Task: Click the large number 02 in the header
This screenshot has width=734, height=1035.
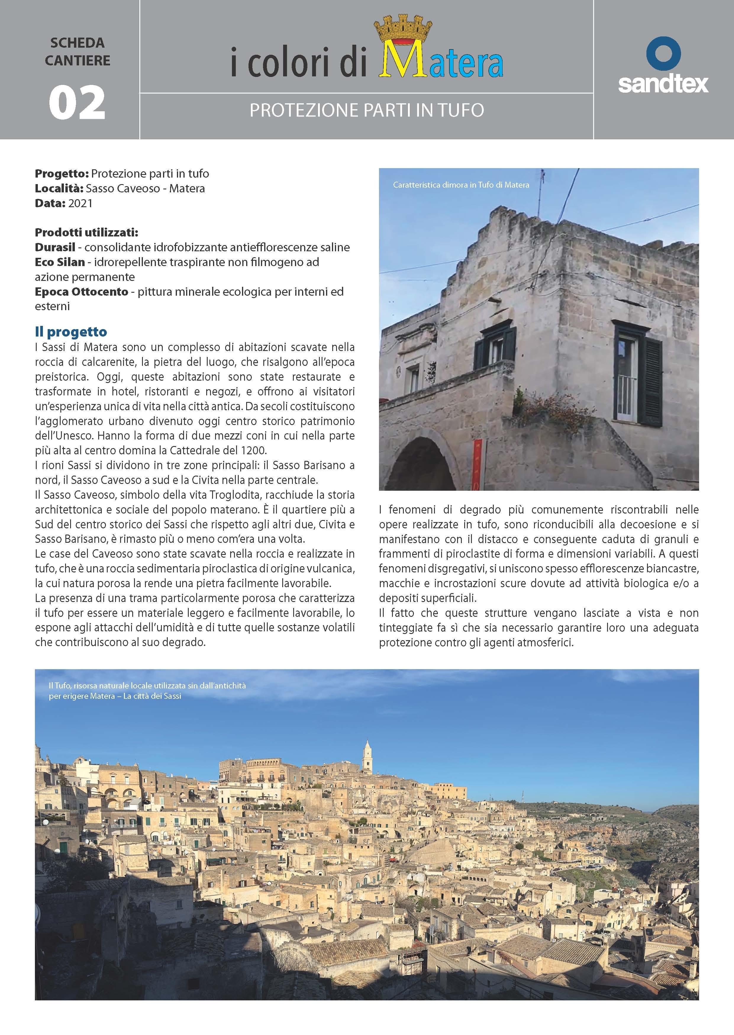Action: click(77, 103)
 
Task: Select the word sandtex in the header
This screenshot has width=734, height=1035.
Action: click(663, 84)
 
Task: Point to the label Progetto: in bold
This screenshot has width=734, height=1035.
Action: click(62, 174)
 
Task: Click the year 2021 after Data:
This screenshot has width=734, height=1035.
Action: click(80, 203)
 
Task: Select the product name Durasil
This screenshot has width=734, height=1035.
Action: click(55, 247)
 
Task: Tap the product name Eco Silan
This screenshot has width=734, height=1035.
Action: click(60, 262)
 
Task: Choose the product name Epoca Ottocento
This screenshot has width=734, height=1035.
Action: click(81, 292)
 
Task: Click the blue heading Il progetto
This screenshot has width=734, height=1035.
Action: click(71, 332)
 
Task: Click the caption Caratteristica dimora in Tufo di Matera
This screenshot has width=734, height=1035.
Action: click(461, 185)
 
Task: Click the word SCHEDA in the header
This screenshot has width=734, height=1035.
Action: click(77, 44)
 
